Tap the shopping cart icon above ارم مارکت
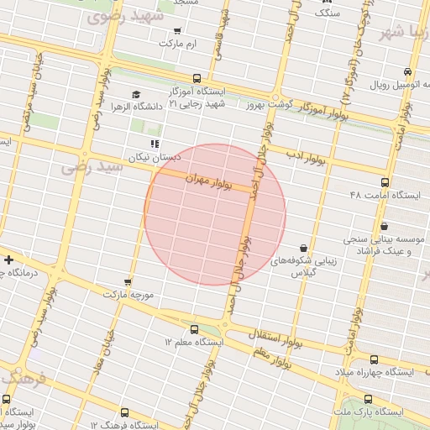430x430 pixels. pos(176,31)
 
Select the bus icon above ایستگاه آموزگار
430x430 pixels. pos(197,78)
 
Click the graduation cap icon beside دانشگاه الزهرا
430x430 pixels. pos(136,94)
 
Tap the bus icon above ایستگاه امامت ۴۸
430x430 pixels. pos(385,182)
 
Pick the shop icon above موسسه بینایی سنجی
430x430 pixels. pos(385,225)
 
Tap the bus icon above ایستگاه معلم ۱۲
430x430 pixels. pos(195,330)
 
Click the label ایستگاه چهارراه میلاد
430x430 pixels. pos(375,371)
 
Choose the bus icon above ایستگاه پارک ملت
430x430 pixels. pos(368,400)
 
